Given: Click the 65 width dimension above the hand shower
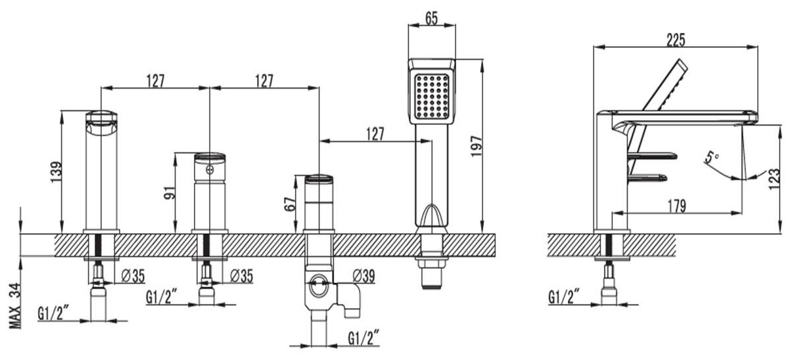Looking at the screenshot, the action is click(x=431, y=18).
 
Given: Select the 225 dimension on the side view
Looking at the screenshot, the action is click(x=676, y=40).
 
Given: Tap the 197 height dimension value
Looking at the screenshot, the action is click(x=477, y=146).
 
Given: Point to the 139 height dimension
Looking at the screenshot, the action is click(x=56, y=172).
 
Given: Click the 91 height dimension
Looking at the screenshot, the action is click(x=170, y=192).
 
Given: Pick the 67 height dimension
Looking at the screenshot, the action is click(x=290, y=204).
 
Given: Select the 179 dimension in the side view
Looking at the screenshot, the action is click(x=676, y=206).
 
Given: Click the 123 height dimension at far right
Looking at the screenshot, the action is click(x=774, y=179).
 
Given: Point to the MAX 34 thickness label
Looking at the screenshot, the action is click(x=15, y=306).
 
